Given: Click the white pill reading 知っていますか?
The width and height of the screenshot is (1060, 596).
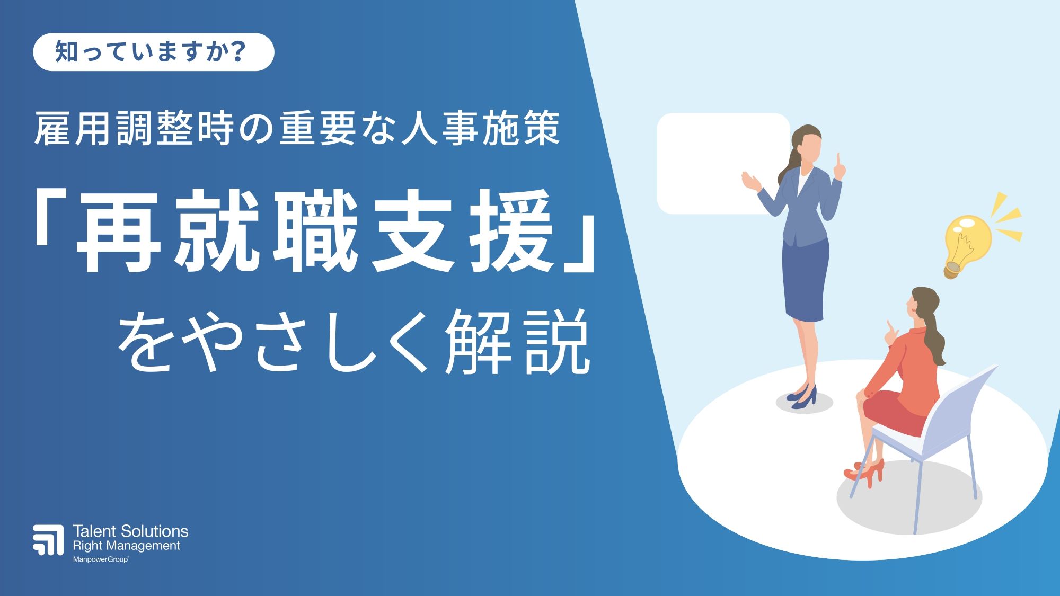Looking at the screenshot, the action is click(x=154, y=52).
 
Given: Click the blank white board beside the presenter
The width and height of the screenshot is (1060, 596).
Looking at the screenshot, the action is click(x=723, y=163).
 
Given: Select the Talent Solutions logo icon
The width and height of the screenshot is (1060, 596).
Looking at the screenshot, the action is click(x=48, y=540).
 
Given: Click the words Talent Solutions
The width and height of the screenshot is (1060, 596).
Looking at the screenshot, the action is click(x=130, y=531).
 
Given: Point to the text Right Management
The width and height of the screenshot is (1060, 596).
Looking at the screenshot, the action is click(x=127, y=546).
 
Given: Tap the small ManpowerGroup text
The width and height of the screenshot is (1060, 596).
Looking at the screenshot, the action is click(x=101, y=559).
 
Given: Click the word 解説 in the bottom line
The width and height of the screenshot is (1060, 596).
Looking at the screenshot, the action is click(x=517, y=342).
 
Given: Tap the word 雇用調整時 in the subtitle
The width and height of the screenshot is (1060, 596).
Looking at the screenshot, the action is click(x=134, y=129).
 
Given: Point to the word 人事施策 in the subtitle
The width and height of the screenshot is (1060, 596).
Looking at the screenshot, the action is click(x=480, y=129).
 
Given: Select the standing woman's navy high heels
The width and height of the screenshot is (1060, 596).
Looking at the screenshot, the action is click(x=802, y=397).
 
